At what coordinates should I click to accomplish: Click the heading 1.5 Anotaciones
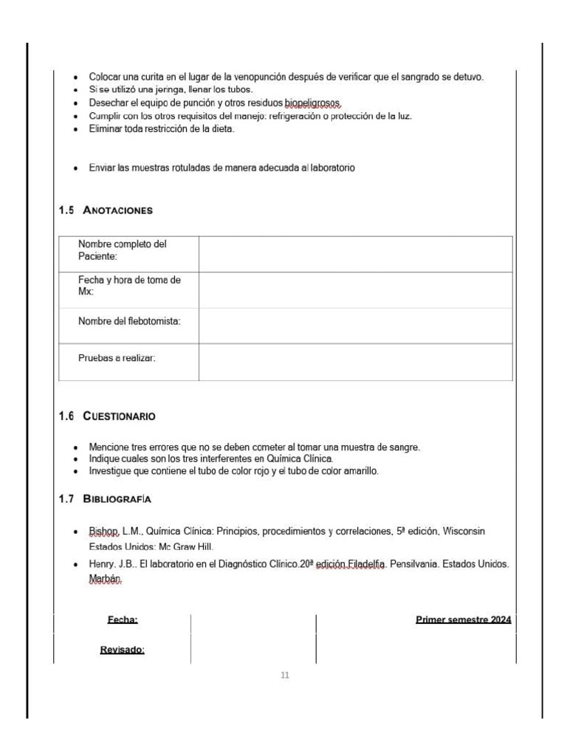point(106,210)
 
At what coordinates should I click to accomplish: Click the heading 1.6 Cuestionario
point(107,416)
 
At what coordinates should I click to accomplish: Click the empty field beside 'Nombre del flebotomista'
point(355,326)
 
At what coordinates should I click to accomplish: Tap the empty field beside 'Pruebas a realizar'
point(355,362)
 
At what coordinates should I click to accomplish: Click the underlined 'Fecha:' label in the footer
point(123,619)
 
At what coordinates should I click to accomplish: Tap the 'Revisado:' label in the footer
point(122,650)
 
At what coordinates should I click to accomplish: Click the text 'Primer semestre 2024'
point(463,619)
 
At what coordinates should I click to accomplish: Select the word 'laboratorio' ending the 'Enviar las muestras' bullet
point(331,168)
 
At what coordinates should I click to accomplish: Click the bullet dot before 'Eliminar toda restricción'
point(78,130)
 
